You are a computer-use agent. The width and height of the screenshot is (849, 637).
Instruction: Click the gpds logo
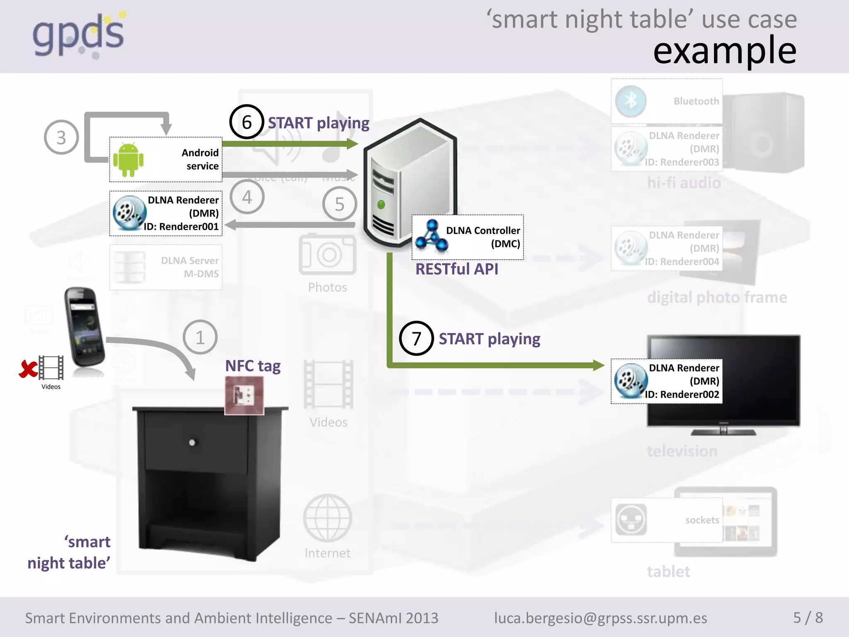coord(79,35)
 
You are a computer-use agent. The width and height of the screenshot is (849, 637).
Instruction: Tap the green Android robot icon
coord(128,160)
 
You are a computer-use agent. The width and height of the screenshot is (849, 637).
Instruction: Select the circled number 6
coord(247,122)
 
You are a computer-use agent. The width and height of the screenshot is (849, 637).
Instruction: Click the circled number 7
coord(416,338)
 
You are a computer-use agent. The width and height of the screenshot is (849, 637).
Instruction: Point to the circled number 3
coord(61,137)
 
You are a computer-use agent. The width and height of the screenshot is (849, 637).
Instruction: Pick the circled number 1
coord(200,337)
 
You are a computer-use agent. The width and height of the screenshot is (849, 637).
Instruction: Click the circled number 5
coord(340,204)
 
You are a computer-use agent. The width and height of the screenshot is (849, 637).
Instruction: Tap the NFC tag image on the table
coord(244,395)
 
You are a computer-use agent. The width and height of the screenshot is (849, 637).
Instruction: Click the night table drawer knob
coord(192,442)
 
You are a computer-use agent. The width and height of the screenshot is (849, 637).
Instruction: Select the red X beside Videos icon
coord(28,369)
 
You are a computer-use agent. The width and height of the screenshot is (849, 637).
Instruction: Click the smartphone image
coord(85,328)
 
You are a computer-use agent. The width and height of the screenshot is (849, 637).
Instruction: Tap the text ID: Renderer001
coord(181,226)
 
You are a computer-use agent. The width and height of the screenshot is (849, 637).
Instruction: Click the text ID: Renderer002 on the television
coord(682,394)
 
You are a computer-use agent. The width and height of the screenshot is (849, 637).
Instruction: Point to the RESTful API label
coord(457,269)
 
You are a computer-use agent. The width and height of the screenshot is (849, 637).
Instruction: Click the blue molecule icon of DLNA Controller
coord(432,236)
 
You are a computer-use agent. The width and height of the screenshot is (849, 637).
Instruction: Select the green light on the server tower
coord(381,204)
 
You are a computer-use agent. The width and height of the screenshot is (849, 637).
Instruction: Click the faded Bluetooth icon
coord(631,101)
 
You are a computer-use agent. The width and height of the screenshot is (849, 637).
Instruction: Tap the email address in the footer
coord(600,618)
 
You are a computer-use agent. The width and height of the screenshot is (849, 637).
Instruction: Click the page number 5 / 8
coord(808,618)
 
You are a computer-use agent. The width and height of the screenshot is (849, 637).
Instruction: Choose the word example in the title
coord(725,51)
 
